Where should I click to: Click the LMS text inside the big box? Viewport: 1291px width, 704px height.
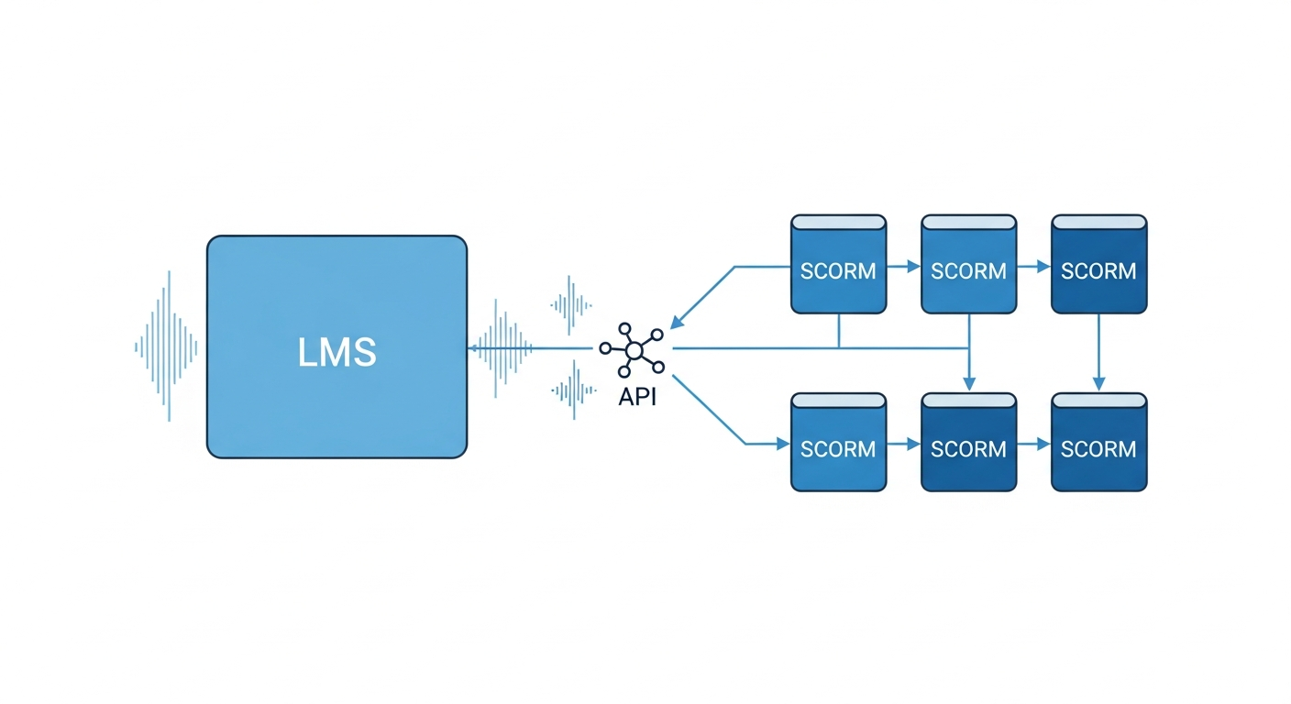(x=337, y=352)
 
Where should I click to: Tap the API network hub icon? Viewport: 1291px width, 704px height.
(x=631, y=348)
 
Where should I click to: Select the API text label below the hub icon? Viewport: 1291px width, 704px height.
(x=631, y=400)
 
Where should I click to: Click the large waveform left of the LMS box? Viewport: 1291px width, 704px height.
(x=166, y=346)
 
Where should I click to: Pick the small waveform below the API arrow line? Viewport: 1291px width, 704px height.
(x=570, y=390)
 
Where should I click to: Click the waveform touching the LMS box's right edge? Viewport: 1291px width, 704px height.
(x=501, y=347)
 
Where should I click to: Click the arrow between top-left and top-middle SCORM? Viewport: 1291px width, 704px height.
(x=904, y=267)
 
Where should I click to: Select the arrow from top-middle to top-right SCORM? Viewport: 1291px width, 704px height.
(x=1034, y=267)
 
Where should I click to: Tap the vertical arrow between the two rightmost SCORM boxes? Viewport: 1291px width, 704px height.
(x=1098, y=353)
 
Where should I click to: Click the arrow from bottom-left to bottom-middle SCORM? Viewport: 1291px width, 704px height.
(x=904, y=444)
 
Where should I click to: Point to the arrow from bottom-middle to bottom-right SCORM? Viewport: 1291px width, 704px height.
(x=1034, y=444)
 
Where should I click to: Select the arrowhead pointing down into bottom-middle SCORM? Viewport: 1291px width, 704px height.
(x=969, y=383)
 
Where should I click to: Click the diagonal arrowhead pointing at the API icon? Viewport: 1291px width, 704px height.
(x=678, y=321)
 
